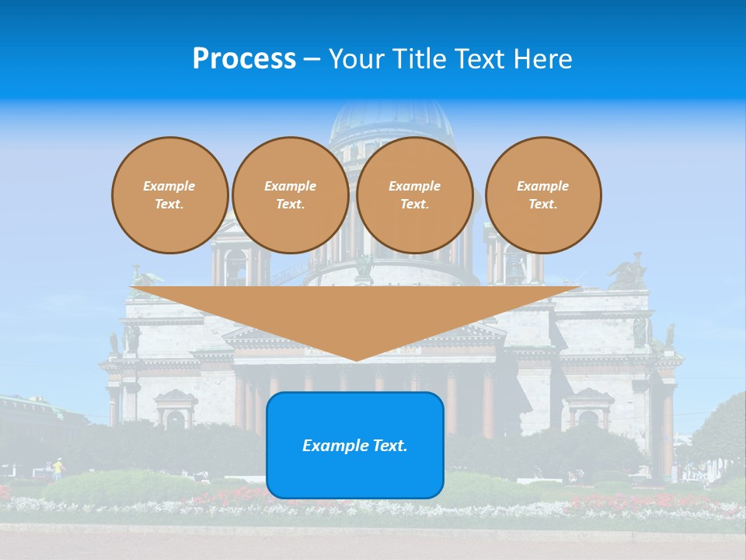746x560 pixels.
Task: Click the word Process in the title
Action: (244, 59)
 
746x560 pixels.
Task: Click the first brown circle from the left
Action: (169, 195)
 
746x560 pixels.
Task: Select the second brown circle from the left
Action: (290, 195)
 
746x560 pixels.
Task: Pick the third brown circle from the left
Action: (414, 195)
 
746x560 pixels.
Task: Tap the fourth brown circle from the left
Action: (542, 195)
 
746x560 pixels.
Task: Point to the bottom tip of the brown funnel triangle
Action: (356, 359)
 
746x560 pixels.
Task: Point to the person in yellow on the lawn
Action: (57, 468)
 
